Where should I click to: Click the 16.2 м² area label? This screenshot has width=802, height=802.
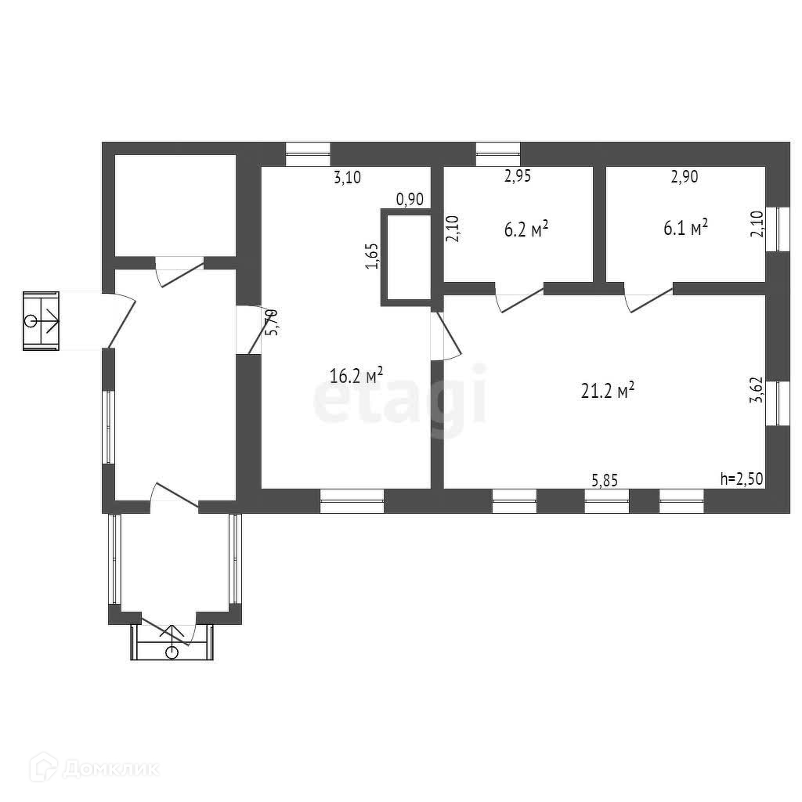pos(356,375)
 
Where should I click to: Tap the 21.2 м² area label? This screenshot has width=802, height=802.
pos(607,391)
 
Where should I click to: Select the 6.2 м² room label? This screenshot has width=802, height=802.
pos(524,229)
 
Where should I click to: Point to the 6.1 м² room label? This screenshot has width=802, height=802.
pos(685,227)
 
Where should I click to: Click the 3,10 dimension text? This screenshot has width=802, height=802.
pos(347,178)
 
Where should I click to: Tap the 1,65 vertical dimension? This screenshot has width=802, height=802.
pos(372,256)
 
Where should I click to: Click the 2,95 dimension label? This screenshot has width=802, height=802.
pos(517,176)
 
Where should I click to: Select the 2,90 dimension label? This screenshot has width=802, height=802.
pos(684,177)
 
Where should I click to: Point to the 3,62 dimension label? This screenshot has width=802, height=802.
pos(757,388)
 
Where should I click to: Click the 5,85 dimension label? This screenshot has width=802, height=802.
pos(604,480)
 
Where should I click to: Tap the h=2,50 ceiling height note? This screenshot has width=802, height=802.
pos(741,479)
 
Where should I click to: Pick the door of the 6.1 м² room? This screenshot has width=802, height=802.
pos(648,298)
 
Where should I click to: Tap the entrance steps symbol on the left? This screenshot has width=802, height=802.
pos(41,320)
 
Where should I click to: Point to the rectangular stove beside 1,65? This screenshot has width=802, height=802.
pos(406,256)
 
